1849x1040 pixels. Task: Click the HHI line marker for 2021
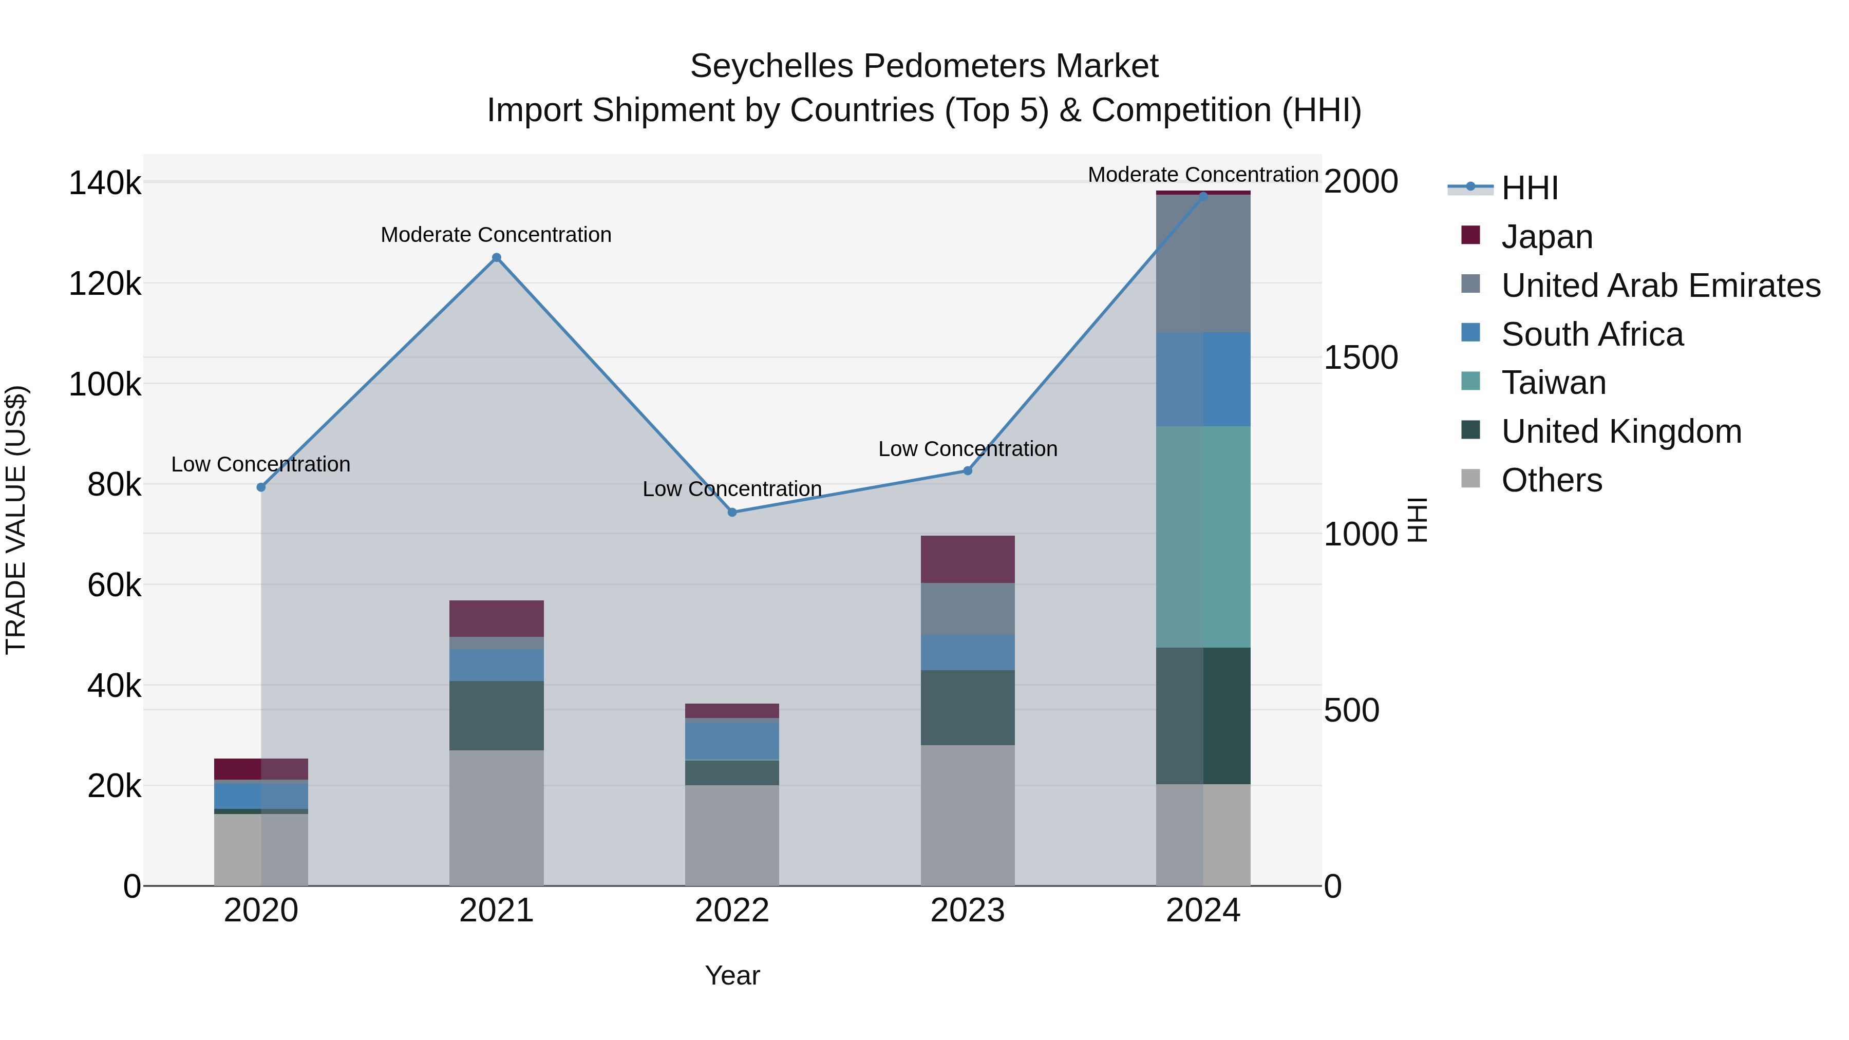[496, 258]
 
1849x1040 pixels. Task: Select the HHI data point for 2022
[732, 513]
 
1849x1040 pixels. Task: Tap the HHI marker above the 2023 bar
[968, 471]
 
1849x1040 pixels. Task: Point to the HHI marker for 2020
[260, 487]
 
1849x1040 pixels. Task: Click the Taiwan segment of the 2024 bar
[1203, 537]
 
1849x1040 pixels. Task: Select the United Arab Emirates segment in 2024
[1203, 263]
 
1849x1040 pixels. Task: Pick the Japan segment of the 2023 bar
[968, 559]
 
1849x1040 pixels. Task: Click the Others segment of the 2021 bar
[496, 818]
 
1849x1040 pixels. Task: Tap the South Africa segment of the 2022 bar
[732, 740]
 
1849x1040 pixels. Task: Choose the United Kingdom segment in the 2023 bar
[968, 707]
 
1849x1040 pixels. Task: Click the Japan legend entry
[1547, 237]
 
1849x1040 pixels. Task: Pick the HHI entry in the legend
[1530, 188]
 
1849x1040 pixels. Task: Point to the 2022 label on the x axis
[732, 911]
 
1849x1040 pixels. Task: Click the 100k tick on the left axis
[105, 385]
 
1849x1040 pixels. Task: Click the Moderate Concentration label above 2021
[496, 235]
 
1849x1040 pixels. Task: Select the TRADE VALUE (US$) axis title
[16, 520]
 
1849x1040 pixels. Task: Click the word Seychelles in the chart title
[772, 66]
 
